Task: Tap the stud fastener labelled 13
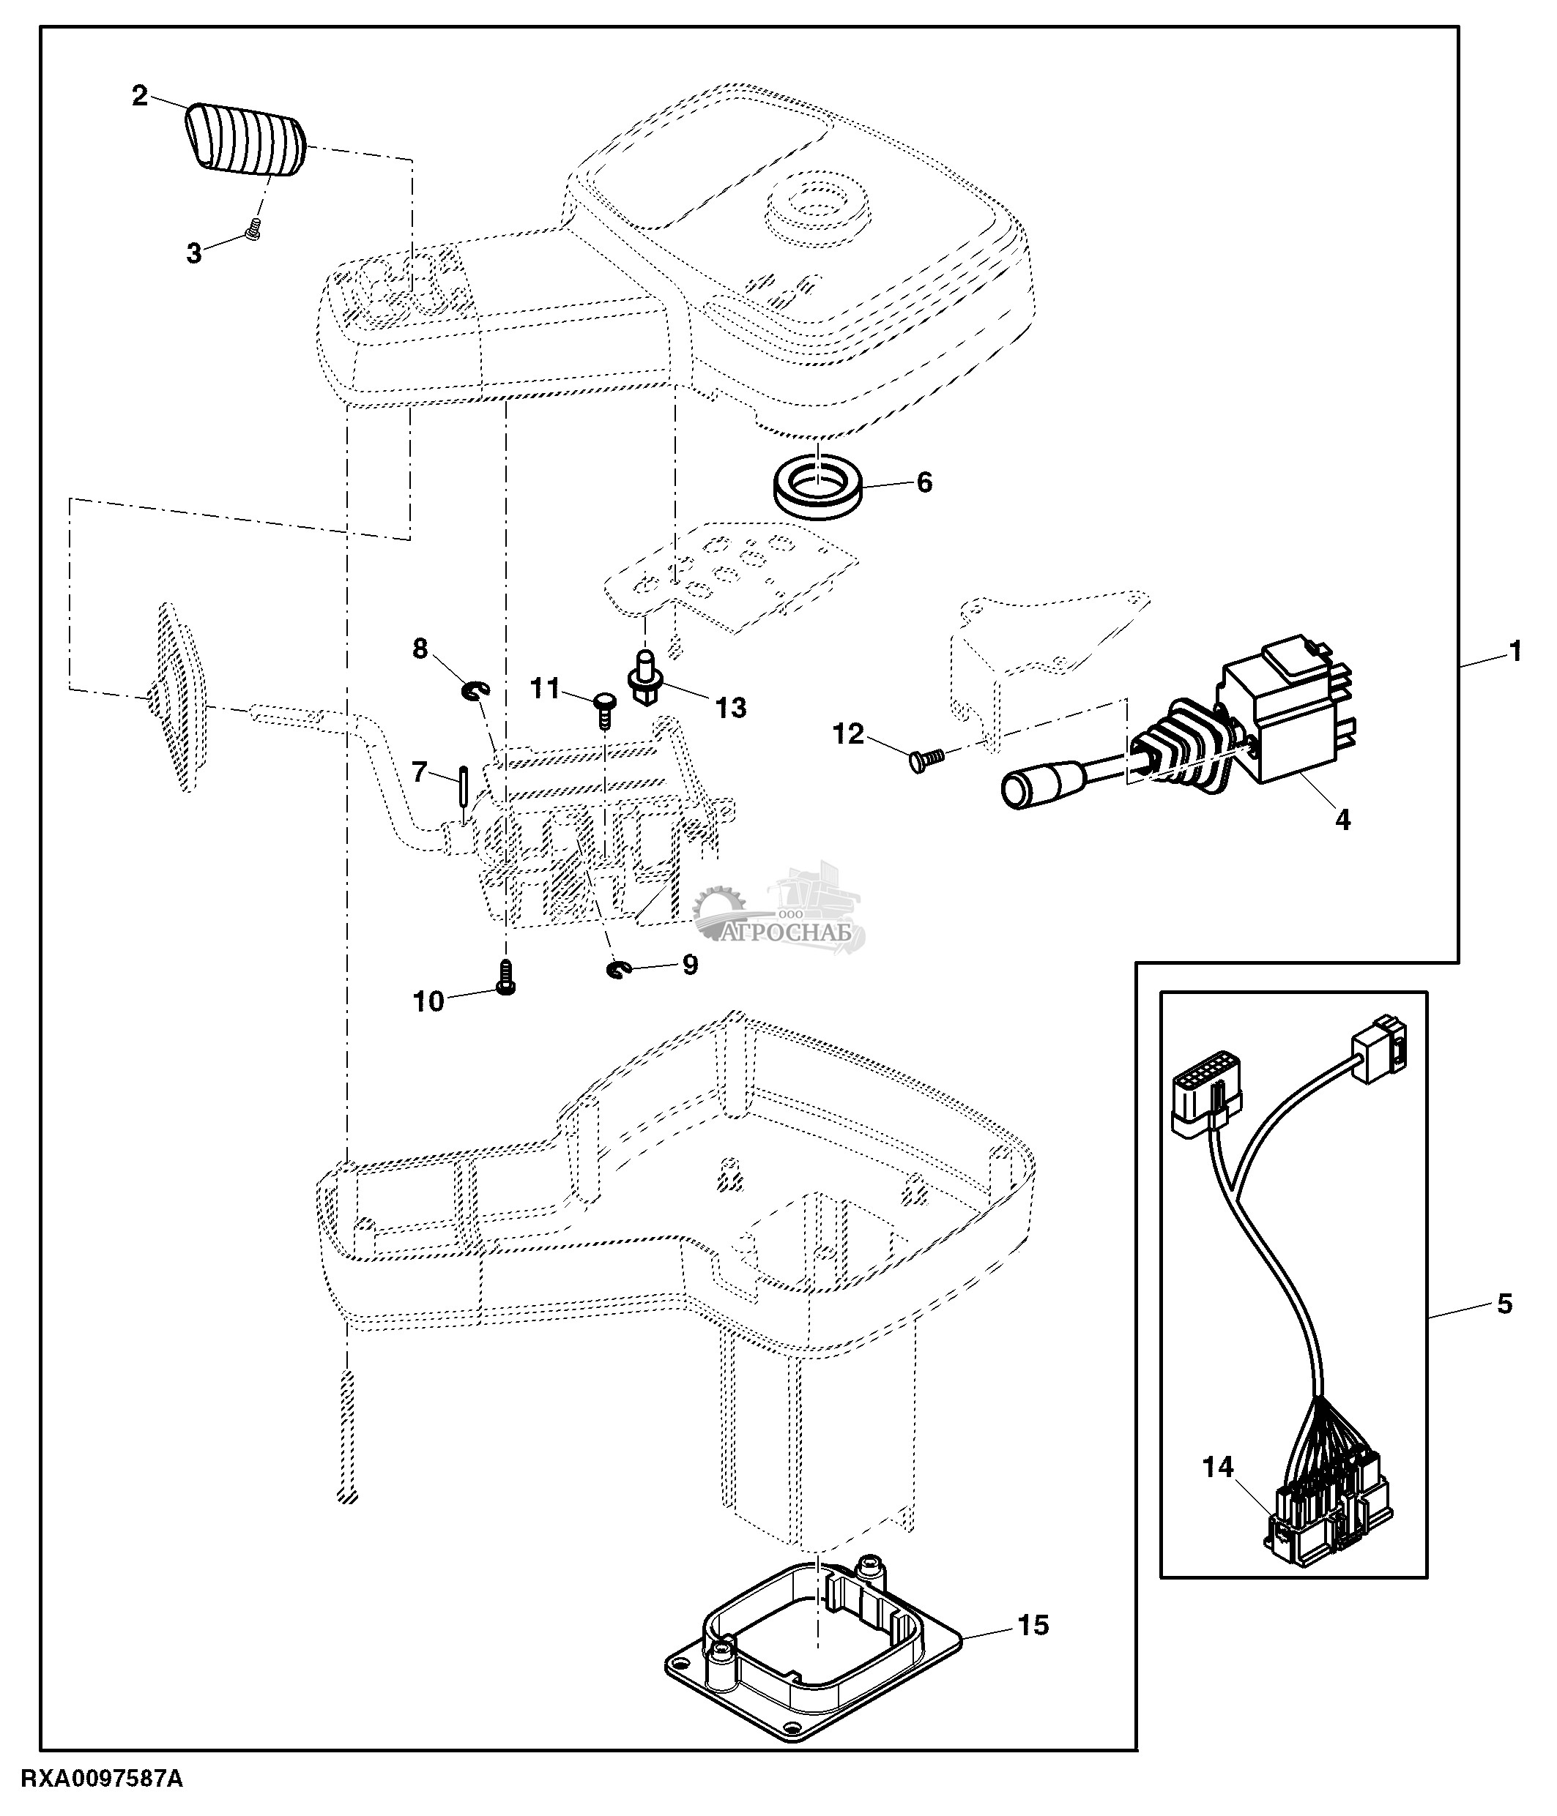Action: coord(645,681)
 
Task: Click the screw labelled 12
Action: coord(924,758)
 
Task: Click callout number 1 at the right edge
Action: coord(1516,652)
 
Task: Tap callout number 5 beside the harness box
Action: coord(1504,1329)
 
